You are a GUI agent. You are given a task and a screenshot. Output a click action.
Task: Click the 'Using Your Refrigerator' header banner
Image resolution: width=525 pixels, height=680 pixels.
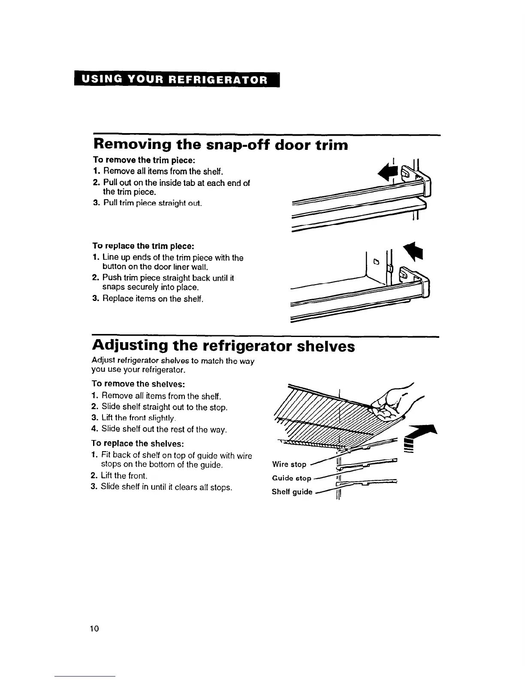click(176, 80)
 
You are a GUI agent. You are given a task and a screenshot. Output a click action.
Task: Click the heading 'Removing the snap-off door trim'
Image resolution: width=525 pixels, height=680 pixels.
click(220, 145)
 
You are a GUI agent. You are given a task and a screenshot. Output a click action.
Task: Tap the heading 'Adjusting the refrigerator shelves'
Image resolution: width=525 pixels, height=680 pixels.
click(223, 346)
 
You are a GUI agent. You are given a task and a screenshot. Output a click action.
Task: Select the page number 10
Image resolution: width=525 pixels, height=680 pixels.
click(94, 629)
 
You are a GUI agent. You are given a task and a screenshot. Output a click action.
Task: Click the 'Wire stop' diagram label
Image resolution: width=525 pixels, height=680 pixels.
click(289, 464)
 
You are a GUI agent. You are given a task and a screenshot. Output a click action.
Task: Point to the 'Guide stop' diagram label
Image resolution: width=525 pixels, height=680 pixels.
click(291, 478)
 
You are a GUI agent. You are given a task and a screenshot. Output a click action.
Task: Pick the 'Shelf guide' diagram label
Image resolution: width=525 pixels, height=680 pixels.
click(292, 492)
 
